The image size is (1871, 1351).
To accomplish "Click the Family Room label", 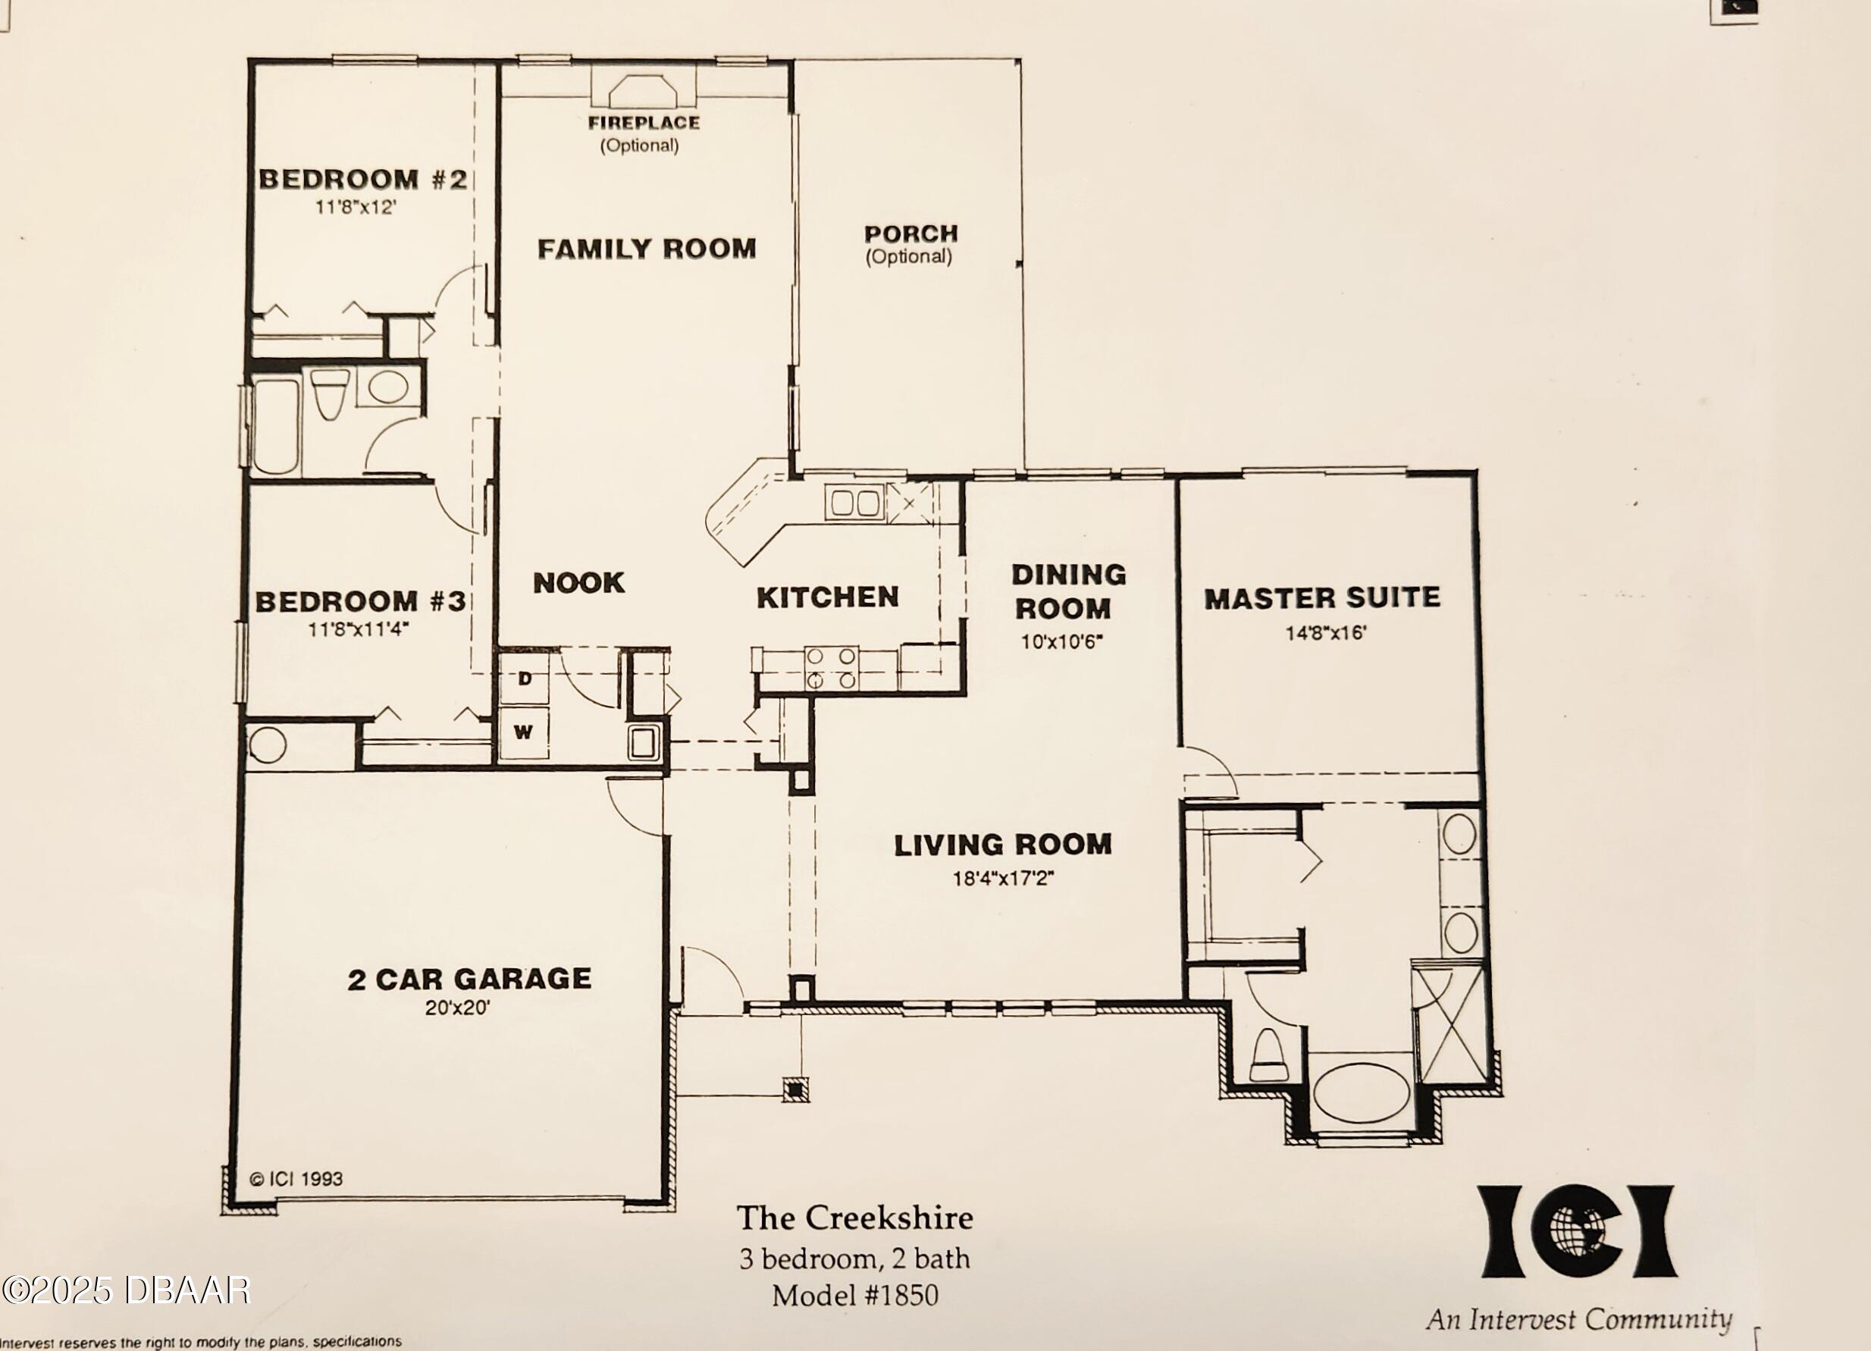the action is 647,248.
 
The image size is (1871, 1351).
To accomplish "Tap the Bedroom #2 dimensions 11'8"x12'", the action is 356,207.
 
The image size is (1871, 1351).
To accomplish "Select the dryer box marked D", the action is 525,679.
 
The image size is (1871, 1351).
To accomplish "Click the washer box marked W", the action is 524,732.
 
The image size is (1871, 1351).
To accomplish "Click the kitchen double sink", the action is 854,503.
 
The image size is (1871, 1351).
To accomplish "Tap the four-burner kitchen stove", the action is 832,668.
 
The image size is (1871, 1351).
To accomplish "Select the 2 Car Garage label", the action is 469,979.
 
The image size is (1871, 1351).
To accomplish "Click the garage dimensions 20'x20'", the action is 458,1007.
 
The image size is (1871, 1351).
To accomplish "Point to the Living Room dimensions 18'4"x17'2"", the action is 1003,879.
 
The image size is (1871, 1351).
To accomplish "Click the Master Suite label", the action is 1322,598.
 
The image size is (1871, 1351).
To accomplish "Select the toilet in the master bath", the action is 1269,1054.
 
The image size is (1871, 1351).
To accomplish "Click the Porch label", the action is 910,234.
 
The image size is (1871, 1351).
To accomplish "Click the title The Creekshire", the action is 854,1218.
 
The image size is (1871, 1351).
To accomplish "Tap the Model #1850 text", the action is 854,1296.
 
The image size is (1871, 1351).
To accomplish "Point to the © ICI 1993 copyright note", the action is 296,1179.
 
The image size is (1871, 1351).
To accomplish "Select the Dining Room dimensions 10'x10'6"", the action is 1061,641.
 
